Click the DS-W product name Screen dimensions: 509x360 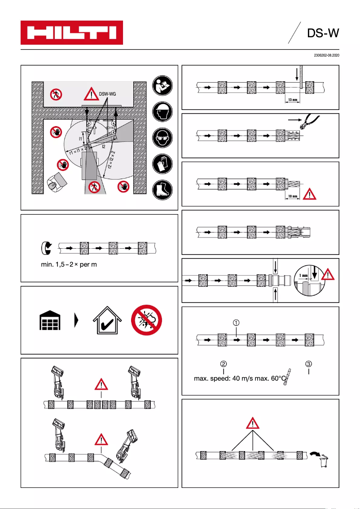[x=322, y=34]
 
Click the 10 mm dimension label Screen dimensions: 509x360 [x=292, y=196]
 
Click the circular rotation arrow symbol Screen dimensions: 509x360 [x=46, y=247]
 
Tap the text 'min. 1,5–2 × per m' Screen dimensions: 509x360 [x=69, y=265]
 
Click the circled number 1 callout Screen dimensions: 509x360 [x=236, y=322]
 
